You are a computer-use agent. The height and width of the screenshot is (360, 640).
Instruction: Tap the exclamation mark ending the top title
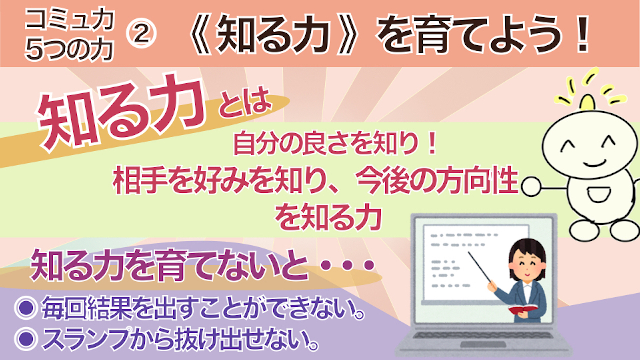coord(581,34)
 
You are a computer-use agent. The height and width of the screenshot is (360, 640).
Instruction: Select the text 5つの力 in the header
coord(69,50)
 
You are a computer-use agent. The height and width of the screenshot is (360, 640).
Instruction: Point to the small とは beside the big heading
coord(245,103)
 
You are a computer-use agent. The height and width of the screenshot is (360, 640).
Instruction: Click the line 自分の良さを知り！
coord(335,145)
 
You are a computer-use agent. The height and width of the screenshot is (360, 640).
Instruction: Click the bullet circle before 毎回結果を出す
coord(26,308)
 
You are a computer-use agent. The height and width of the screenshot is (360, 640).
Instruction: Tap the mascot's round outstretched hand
coord(531,186)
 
